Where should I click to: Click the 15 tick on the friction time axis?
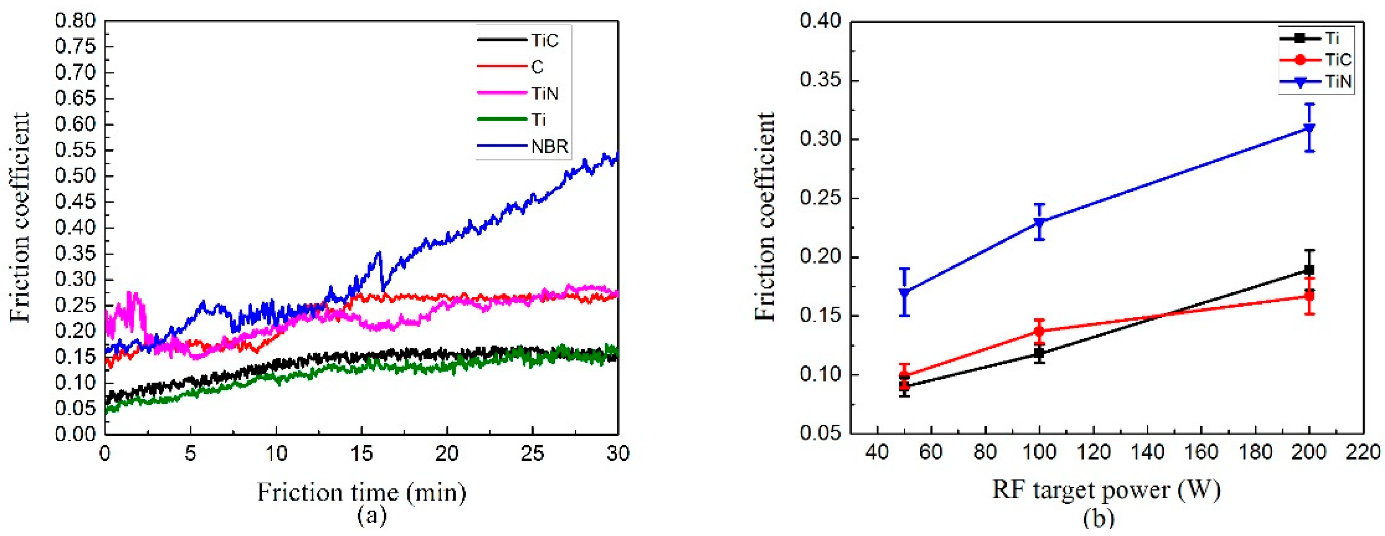click(x=361, y=454)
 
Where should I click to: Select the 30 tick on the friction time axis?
click(x=618, y=454)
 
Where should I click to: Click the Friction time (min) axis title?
click(x=361, y=491)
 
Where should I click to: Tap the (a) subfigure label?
click(x=371, y=516)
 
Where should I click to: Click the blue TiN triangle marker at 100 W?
click(x=1039, y=222)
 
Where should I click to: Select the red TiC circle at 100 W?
click(x=1039, y=331)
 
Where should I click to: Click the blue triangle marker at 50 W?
click(x=904, y=293)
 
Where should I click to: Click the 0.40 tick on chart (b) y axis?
click(x=821, y=21)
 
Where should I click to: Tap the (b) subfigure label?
click(x=1098, y=518)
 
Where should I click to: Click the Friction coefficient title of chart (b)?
click(x=764, y=216)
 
